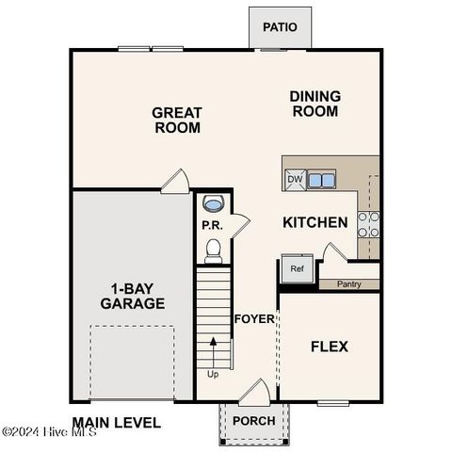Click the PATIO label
pos(279,26)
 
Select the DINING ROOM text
pos(315,103)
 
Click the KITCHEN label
pos(315,222)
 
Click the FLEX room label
pos(329,347)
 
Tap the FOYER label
pos(254,318)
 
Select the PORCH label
pos(253,420)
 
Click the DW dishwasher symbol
pos(295,179)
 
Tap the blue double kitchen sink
pos(322,179)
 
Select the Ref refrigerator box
pos(297,269)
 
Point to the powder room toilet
pos(213,249)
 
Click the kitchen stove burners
pos(369,223)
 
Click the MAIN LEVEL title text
pos(116,423)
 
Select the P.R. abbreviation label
pos(211,225)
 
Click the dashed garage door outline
pos(133,363)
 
